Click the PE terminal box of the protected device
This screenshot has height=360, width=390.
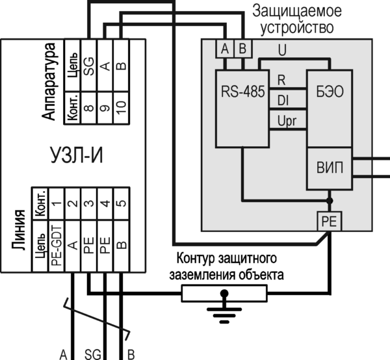(329, 222)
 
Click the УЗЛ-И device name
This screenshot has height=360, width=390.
(77, 156)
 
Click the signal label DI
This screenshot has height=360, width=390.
(283, 100)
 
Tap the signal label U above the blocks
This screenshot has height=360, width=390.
(281, 49)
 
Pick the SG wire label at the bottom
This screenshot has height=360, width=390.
(92, 354)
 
